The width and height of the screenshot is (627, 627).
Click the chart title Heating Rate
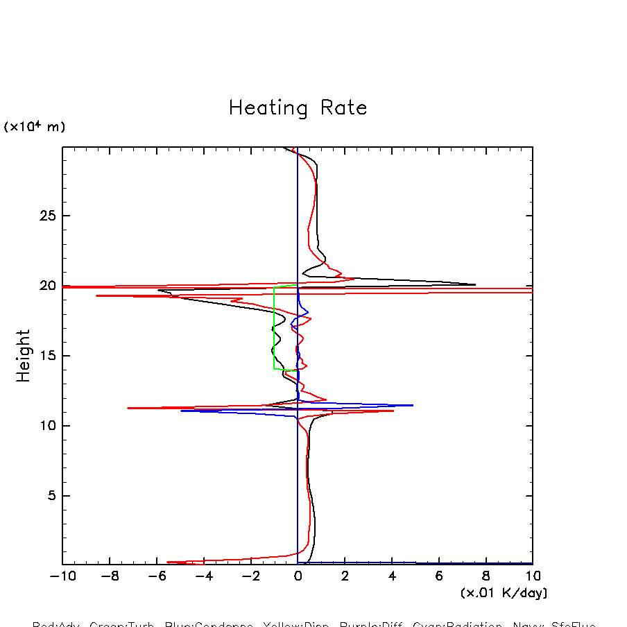point(298,108)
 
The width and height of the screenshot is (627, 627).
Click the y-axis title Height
point(24,356)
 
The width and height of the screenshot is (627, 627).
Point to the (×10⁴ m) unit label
point(35,127)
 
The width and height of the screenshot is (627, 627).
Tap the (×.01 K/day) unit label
point(504,593)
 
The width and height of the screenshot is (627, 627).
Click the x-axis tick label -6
point(156,576)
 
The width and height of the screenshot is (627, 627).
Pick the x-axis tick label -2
point(250,576)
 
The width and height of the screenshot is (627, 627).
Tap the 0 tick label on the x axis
point(298,576)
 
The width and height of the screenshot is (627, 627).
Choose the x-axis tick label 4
point(392,576)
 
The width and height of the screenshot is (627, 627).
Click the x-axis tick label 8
point(486,576)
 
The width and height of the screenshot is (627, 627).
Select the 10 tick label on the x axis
point(532,576)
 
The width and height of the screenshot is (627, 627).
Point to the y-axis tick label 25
point(46,216)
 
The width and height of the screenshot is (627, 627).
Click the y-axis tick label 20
point(46,286)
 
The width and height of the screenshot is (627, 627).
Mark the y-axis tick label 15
point(46,356)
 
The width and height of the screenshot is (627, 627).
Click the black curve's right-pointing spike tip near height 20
point(475,284)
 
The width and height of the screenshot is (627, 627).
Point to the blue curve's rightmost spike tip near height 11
point(413,405)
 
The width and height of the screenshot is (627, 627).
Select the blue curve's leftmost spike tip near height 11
point(182,411)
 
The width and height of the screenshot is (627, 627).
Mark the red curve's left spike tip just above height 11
point(128,408)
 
